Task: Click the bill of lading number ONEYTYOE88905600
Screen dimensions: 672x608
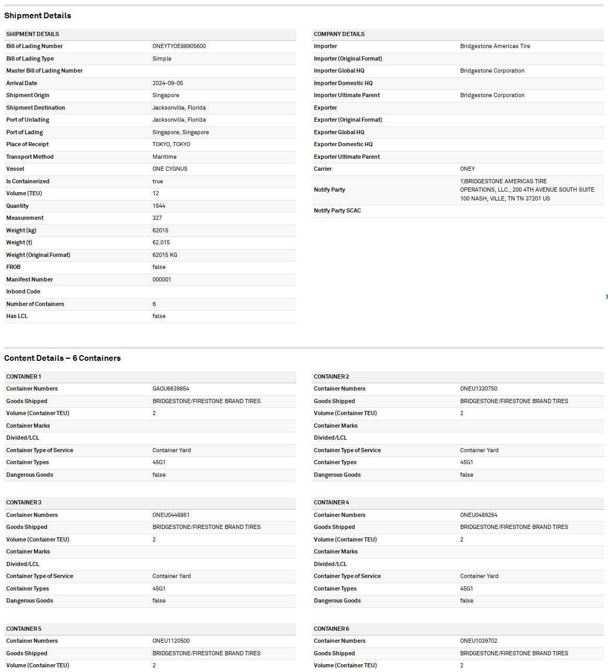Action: tap(179, 46)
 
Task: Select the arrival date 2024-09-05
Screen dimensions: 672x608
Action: tap(168, 83)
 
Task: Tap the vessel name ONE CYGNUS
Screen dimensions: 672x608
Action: tap(170, 169)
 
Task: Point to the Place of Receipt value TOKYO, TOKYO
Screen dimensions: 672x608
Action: tap(171, 145)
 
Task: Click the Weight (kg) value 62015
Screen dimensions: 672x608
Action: tap(160, 230)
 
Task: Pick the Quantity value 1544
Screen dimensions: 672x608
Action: tap(159, 206)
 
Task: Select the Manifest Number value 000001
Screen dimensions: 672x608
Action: tap(162, 279)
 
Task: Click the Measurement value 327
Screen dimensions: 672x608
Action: tap(157, 218)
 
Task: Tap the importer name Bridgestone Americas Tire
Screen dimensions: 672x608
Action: tap(495, 46)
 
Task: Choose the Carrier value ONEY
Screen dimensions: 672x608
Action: tap(467, 169)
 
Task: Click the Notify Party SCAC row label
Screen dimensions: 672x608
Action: tap(337, 211)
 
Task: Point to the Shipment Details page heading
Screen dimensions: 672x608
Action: tap(38, 16)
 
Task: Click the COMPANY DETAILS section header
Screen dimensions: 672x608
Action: tap(339, 34)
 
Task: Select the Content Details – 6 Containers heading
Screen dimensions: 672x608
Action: tap(62, 358)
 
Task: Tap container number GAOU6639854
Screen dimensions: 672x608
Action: tap(171, 389)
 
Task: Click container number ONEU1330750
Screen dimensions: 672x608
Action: tap(478, 389)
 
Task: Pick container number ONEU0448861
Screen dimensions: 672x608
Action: tap(171, 515)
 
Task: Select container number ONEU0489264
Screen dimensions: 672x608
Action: tap(478, 515)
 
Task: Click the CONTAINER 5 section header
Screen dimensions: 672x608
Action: tap(24, 629)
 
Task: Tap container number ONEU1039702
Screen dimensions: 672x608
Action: tap(478, 641)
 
